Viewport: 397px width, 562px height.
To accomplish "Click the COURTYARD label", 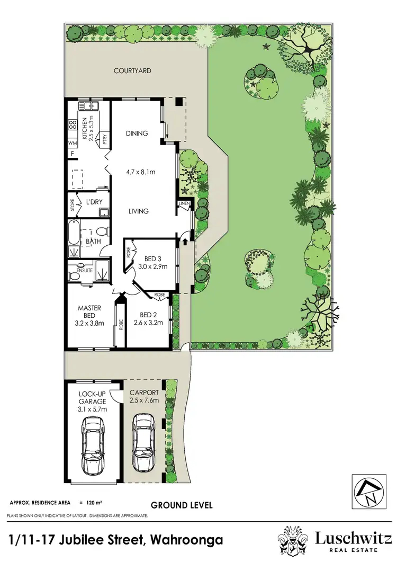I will pyautogui.click(x=132, y=70).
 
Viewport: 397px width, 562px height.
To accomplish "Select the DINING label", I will pyautogui.click(x=137, y=133).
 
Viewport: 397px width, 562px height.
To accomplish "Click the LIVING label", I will pyautogui.click(x=139, y=211).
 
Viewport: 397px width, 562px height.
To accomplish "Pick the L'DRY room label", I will pyautogui.click(x=93, y=202).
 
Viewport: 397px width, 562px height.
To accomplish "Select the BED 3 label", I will pyautogui.click(x=154, y=258).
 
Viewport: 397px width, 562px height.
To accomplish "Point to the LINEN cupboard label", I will pyautogui.click(x=185, y=204).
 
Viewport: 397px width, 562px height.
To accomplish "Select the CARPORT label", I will pyautogui.click(x=144, y=392).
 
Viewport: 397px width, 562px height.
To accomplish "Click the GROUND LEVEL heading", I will pyautogui.click(x=182, y=505).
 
